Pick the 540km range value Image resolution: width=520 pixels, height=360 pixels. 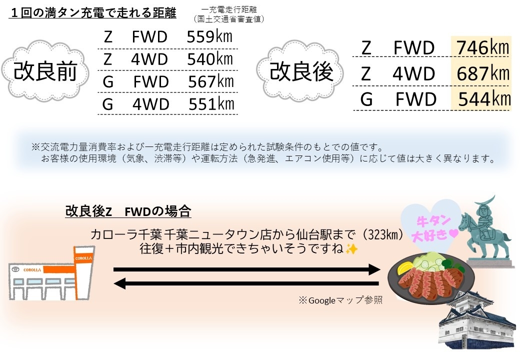tap(210, 59)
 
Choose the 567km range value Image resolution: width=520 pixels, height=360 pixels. tap(210, 81)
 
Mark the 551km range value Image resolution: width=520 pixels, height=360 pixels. tap(211, 104)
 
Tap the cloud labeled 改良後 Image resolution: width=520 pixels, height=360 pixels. tap(301, 71)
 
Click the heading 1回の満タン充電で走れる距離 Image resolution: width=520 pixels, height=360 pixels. tap(92, 13)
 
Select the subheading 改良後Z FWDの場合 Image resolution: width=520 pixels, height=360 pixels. tap(128, 211)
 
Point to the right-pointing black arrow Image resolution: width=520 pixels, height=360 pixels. tap(247, 270)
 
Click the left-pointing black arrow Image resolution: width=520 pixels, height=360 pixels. tap(247, 284)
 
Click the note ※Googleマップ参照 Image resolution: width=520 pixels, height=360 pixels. tap(340, 300)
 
